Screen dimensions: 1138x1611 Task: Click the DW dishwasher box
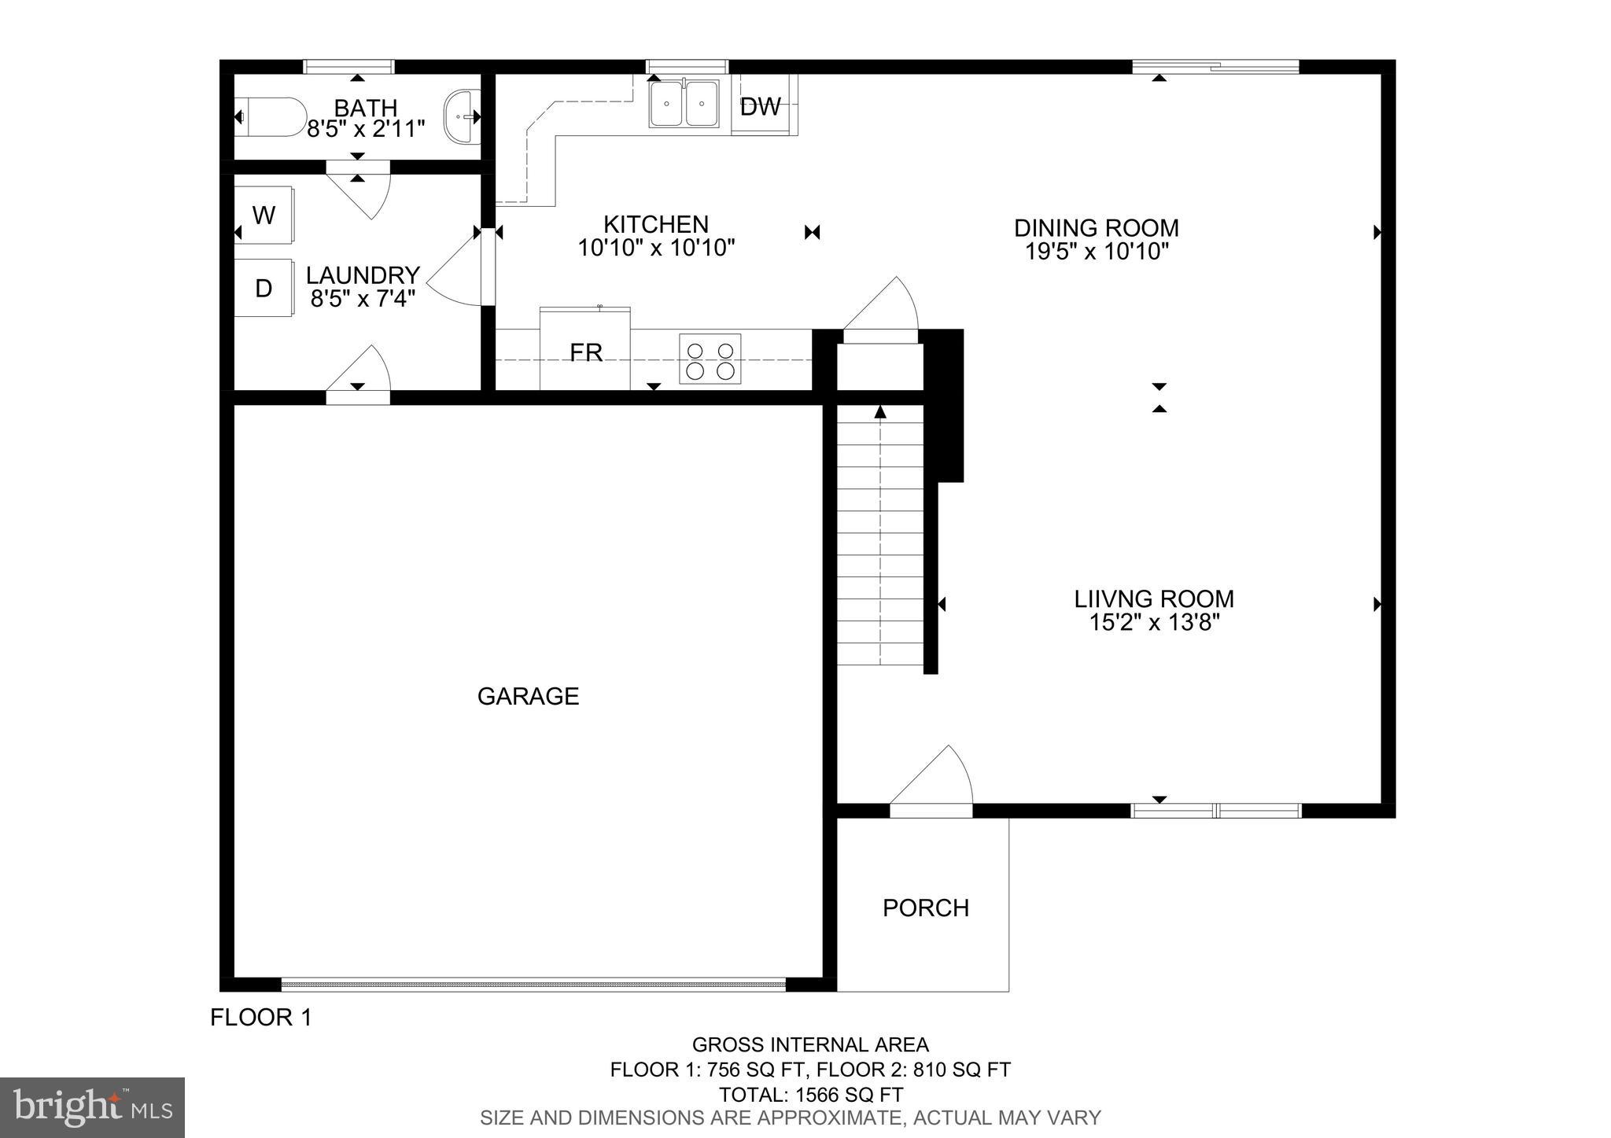pos(761,106)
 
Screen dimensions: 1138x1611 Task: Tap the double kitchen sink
pos(684,103)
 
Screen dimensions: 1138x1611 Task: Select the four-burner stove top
pos(710,359)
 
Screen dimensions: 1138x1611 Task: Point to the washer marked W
pos(264,215)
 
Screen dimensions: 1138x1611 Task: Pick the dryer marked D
pos(264,288)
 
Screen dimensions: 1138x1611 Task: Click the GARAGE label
pos(528,696)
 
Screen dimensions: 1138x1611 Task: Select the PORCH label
pos(925,908)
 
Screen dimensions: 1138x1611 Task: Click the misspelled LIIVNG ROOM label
pos(1154,598)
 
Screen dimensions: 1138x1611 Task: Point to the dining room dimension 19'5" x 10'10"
pos(1097,252)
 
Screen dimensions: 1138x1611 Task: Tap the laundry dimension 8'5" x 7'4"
pos(363,298)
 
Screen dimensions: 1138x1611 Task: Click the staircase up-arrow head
pos(880,412)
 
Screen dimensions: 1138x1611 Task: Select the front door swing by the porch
pos(936,779)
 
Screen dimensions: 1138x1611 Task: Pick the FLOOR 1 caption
pos(261,1018)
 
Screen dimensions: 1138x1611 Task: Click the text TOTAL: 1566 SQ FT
pos(810,1095)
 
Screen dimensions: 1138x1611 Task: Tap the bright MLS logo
pos(92,1107)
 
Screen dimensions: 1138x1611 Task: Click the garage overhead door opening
pos(533,984)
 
